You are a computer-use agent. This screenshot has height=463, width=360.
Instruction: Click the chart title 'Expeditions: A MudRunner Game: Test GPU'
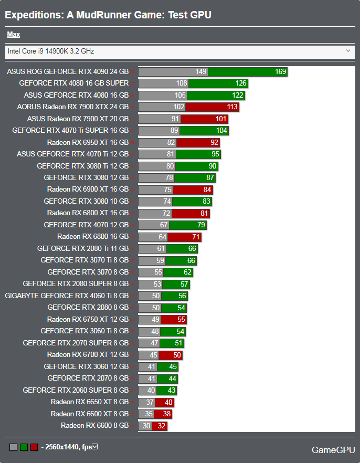point(108,15)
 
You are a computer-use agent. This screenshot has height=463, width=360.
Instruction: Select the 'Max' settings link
point(14,35)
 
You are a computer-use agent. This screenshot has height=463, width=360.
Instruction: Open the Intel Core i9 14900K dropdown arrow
point(348,51)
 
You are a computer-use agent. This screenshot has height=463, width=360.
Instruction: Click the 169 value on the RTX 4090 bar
point(280,72)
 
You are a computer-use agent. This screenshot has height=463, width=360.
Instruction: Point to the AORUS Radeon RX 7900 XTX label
point(73,107)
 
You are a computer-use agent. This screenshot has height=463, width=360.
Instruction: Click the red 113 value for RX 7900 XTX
point(232,107)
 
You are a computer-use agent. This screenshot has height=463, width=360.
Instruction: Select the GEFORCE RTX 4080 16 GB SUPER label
point(73,83)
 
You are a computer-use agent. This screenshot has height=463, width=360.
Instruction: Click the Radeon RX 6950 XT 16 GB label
point(88,142)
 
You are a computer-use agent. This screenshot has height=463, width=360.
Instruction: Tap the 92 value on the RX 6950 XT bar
point(214,142)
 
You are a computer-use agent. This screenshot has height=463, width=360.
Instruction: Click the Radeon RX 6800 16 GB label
point(93,237)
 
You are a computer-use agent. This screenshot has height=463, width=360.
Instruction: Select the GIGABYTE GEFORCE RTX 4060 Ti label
point(67,296)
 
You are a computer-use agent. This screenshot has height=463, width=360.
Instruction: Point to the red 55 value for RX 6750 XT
point(181,320)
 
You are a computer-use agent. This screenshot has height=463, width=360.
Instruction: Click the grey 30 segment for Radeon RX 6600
point(146,426)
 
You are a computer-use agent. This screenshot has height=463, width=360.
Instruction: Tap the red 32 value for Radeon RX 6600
point(161,426)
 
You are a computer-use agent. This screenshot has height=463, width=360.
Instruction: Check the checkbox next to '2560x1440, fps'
point(95,447)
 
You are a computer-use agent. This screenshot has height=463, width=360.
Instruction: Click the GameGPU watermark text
point(332,449)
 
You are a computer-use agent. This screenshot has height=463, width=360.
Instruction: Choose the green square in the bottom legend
point(24,447)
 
